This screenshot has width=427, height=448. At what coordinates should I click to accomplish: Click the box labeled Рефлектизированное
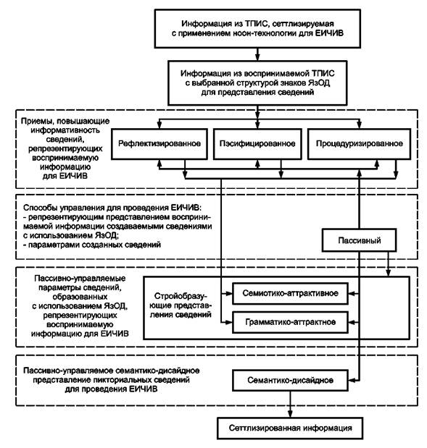pos(159,144)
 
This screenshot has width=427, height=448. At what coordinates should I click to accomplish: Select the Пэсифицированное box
pos(257,144)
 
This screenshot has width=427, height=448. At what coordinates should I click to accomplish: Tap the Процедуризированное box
pos(359,144)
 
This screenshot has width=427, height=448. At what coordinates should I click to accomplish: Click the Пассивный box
pos(359,240)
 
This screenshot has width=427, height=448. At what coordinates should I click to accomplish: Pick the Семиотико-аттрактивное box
pos(290,293)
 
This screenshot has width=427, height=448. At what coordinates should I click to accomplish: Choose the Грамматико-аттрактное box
pos(290,322)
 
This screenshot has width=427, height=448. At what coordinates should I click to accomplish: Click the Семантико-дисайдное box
pos(290,380)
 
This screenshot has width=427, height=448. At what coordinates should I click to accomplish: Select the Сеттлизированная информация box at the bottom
pos(290,428)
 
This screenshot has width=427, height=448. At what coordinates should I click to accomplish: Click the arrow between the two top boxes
pos(257,54)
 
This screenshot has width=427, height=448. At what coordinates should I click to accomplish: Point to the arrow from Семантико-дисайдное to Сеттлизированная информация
pos(290,405)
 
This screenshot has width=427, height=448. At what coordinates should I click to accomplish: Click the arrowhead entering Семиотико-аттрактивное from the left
pos(229,293)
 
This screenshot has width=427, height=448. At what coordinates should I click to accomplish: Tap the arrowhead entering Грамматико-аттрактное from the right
pos(352,322)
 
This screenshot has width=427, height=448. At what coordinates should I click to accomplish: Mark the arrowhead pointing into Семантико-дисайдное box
pos(352,380)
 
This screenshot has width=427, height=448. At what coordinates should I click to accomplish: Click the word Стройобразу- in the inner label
pos(181,296)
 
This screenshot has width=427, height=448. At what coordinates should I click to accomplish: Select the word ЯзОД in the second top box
pos(319,83)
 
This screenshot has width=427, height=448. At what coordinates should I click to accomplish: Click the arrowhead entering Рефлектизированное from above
pos(159,125)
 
